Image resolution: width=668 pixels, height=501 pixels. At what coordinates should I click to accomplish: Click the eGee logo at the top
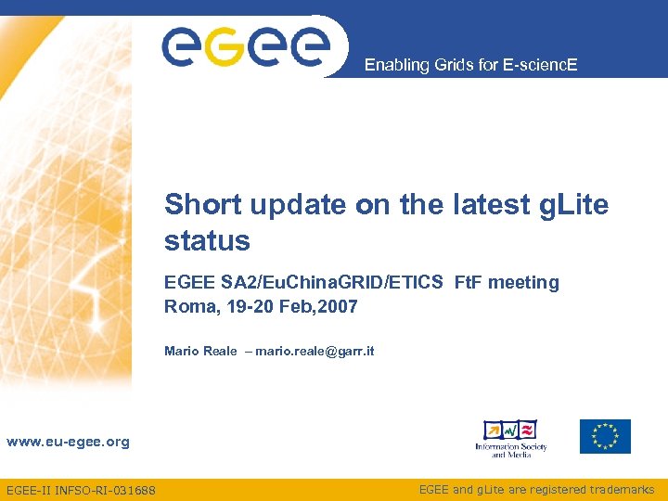click(246, 45)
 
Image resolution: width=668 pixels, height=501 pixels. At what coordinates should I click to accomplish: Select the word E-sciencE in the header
click(546, 65)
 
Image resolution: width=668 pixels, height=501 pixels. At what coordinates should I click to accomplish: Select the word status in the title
click(207, 241)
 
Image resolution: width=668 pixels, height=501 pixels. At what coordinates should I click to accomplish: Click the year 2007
click(338, 306)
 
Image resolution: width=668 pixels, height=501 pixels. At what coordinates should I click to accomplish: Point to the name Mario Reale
click(200, 351)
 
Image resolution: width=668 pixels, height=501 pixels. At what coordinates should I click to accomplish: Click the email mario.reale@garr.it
click(315, 351)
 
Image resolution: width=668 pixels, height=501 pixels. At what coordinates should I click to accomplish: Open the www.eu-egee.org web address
click(68, 442)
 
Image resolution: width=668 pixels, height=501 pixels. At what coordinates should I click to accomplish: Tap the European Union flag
click(605, 436)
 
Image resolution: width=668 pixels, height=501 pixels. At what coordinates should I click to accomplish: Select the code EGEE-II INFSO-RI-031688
click(81, 490)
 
